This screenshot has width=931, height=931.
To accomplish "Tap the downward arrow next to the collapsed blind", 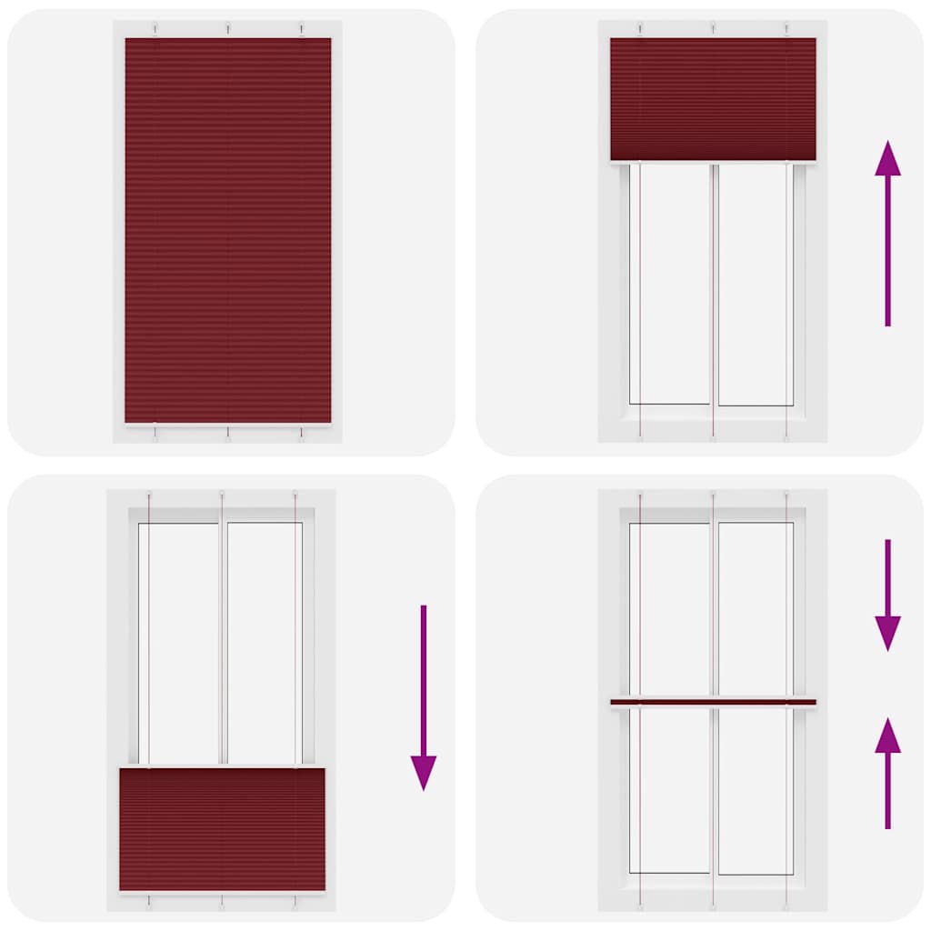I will click(x=887, y=595).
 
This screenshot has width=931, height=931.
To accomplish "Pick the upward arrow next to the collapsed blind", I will click(x=887, y=773).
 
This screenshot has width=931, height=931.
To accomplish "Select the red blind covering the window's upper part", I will click(x=713, y=99).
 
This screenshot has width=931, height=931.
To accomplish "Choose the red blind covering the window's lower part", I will click(x=222, y=829).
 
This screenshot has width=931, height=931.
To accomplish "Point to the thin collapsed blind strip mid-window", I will click(x=713, y=701).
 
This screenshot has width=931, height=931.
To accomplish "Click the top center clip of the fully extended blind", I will click(x=227, y=29).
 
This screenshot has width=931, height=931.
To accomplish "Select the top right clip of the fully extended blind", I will click(x=301, y=29).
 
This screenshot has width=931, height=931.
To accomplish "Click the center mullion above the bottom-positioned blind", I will click(x=222, y=641).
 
